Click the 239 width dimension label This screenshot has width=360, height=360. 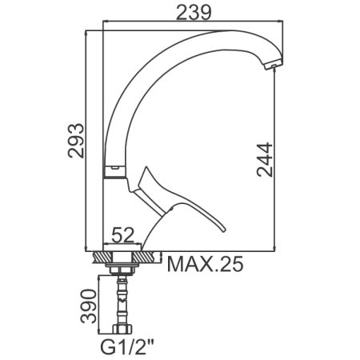[194, 12]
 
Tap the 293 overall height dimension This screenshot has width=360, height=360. [76, 140]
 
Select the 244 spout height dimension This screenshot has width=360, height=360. [265, 160]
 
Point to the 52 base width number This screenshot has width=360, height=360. [122, 235]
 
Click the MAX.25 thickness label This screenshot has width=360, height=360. [206, 264]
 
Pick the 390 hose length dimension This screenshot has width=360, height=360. [88, 306]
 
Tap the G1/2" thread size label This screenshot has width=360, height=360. [127, 346]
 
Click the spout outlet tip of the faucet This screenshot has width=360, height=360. [274, 66]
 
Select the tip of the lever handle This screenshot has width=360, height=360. [223, 230]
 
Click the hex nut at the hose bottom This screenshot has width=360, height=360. [122, 329]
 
